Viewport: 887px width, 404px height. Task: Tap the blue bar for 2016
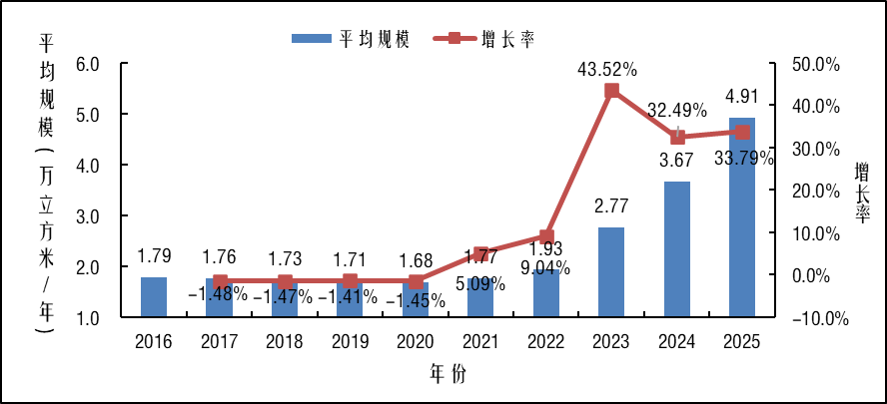click(x=154, y=297)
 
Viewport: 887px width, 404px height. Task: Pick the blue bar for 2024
click(x=677, y=249)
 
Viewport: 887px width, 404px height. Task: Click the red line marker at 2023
click(x=612, y=91)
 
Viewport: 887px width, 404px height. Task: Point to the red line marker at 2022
click(x=546, y=237)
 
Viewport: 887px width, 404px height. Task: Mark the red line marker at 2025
click(x=742, y=132)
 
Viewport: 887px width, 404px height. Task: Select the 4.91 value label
click(x=741, y=97)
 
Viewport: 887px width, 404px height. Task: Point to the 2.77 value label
click(x=611, y=207)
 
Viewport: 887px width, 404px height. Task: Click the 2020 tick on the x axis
click(x=416, y=342)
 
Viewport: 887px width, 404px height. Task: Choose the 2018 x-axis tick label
click(x=285, y=342)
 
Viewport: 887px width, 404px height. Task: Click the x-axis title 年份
click(x=447, y=374)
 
